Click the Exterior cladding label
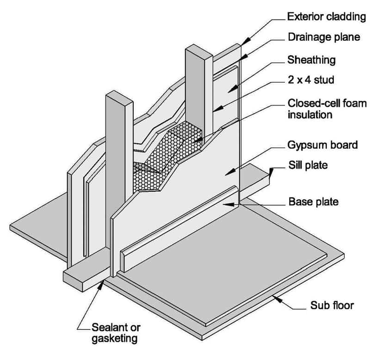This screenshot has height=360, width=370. click(327, 18)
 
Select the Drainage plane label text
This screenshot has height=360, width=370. click(323, 37)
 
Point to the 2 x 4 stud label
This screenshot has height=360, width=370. click(310, 80)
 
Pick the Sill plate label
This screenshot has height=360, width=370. click(307, 165)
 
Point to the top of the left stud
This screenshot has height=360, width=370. click(116, 98)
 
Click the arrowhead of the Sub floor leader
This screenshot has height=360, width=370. click(277, 298)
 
